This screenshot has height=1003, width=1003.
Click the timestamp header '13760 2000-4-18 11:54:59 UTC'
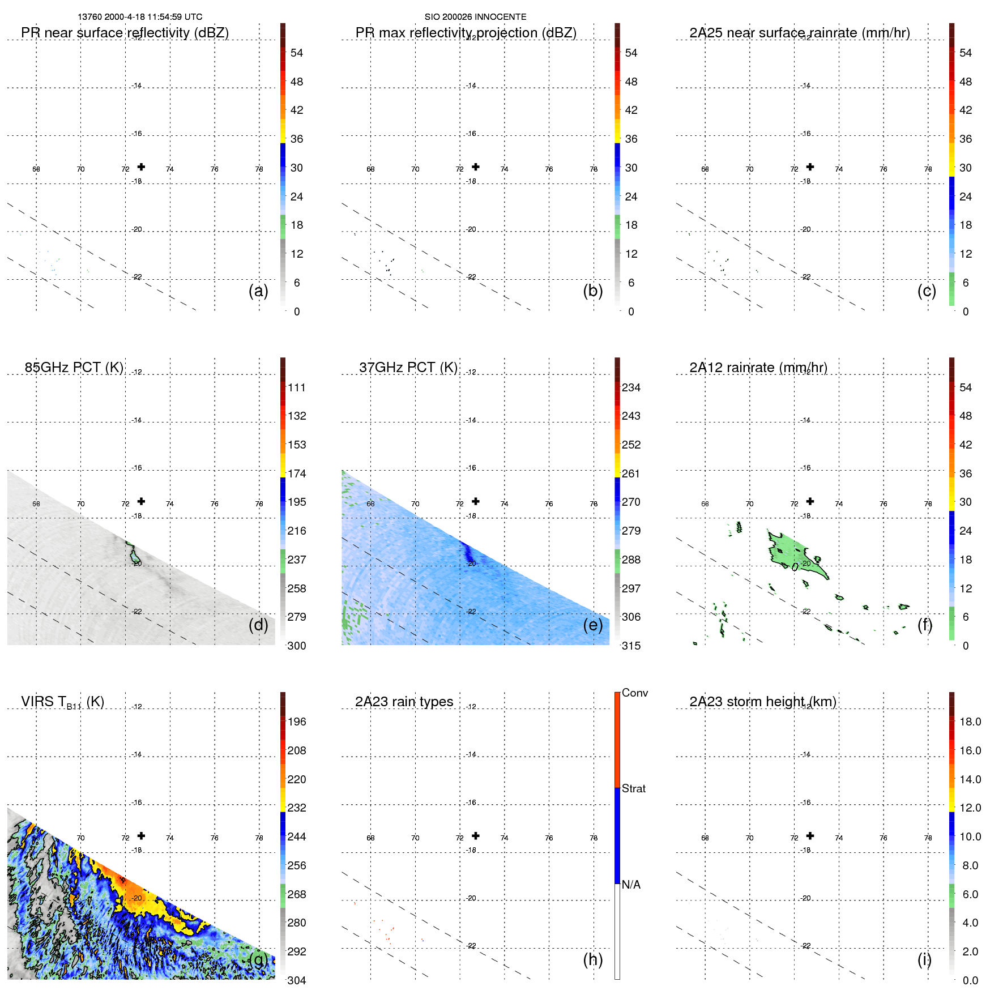click(139, 17)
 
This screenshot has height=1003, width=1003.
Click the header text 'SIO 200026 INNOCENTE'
click(475, 17)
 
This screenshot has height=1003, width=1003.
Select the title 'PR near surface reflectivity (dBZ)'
click(125, 33)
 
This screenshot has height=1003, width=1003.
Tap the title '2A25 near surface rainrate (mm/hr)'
click(799, 33)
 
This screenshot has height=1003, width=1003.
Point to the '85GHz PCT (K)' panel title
click(74, 368)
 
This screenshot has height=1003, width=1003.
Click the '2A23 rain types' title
click(404, 702)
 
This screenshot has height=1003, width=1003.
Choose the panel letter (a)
click(258, 291)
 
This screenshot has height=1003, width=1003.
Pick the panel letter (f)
click(925, 625)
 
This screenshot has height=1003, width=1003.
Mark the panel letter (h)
click(592, 959)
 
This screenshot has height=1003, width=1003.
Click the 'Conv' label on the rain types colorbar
click(634, 693)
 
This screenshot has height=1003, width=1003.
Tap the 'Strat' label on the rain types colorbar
click(633, 788)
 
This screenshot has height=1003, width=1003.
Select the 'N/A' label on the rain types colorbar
click(631, 885)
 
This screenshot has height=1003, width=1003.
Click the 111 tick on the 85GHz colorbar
click(296, 387)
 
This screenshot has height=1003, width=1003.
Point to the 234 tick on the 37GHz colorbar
click(631, 387)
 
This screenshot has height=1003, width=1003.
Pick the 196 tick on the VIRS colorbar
click(296, 722)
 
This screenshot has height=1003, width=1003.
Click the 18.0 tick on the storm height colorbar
click(970, 722)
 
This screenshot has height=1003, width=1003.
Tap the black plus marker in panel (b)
click(476, 167)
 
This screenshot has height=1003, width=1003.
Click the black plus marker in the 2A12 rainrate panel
click(810, 501)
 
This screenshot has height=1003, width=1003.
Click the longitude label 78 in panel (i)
click(928, 838)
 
